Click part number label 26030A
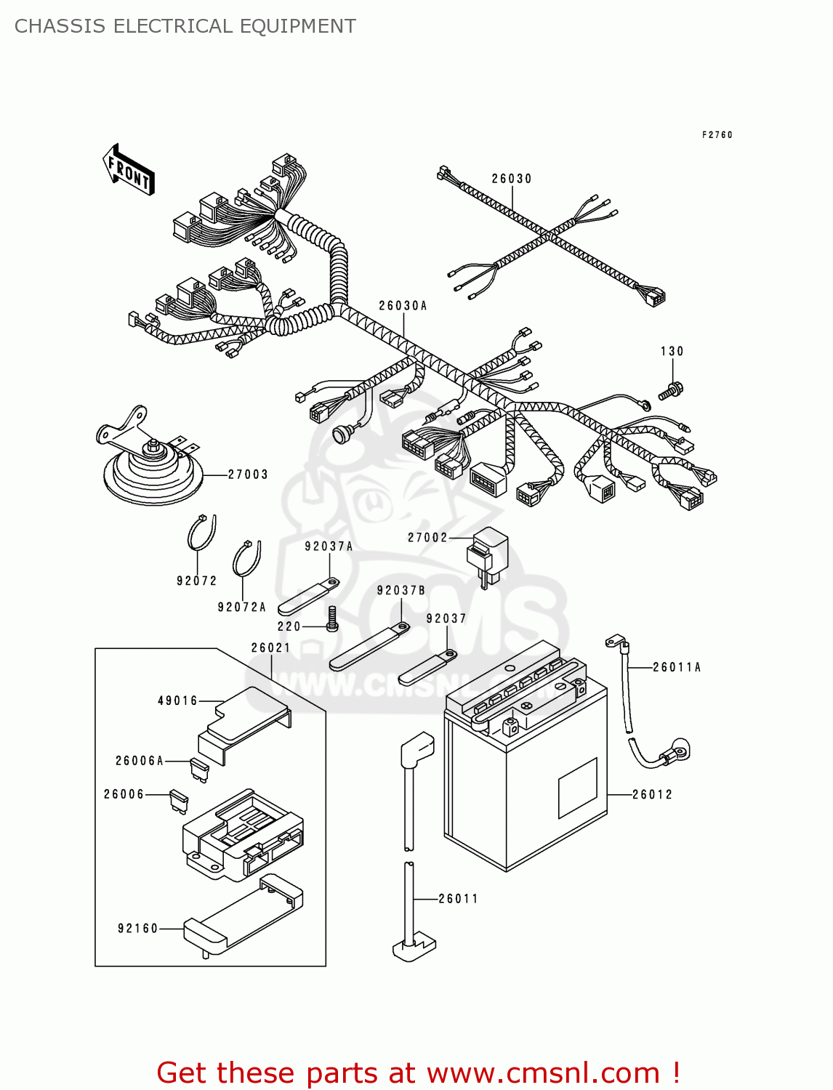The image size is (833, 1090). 403,306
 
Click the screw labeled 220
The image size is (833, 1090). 332,618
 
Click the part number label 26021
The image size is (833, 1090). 271,647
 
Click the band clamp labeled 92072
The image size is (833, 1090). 201,534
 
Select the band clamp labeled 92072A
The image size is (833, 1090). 246,559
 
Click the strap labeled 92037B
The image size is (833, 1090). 368,646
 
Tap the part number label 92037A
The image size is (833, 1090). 329,546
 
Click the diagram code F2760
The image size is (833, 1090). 717,135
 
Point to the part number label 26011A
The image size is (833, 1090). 677,667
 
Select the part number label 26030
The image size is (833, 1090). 512,179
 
